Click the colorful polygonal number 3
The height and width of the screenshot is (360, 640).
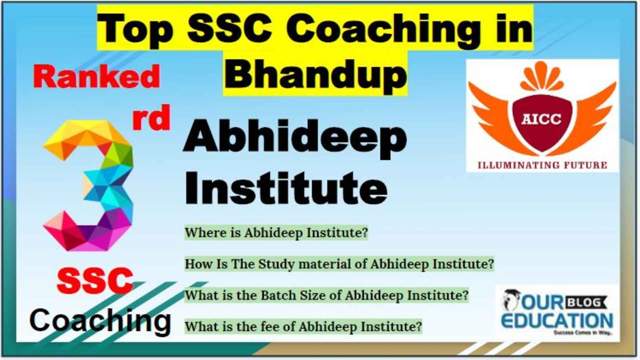tap(88, 186)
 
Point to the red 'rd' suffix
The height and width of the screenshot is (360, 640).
tap(151, 118)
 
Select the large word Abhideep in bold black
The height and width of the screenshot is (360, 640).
tap(295, 140)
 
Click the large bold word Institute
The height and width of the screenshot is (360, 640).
tap(286, 188)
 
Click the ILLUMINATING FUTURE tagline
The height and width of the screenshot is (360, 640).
tap(542, 165)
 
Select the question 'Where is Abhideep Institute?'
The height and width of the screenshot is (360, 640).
tap(276, 232)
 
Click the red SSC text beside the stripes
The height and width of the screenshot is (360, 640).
tap(96, 280)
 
